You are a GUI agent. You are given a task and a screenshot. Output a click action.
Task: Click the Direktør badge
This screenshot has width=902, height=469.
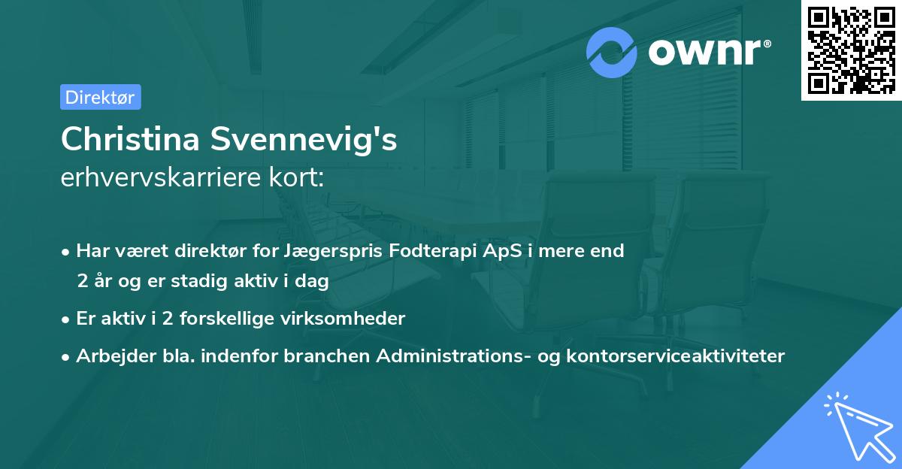pos(100,97)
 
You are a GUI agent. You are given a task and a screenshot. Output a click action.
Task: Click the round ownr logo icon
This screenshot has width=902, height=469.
pos(612,52)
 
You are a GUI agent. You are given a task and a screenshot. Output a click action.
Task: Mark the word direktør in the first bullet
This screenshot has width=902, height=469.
pos(185,251)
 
